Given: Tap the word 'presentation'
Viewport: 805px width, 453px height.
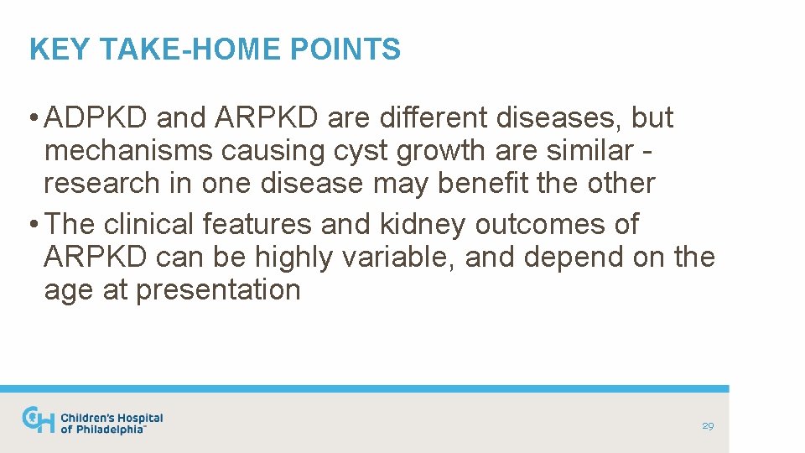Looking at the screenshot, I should pos(218,289).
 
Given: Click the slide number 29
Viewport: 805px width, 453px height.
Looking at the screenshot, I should pos(708,426).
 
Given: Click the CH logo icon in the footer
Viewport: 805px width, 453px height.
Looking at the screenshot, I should pos(39,420).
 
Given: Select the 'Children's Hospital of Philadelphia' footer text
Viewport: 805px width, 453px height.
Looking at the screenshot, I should pos(112,423).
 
